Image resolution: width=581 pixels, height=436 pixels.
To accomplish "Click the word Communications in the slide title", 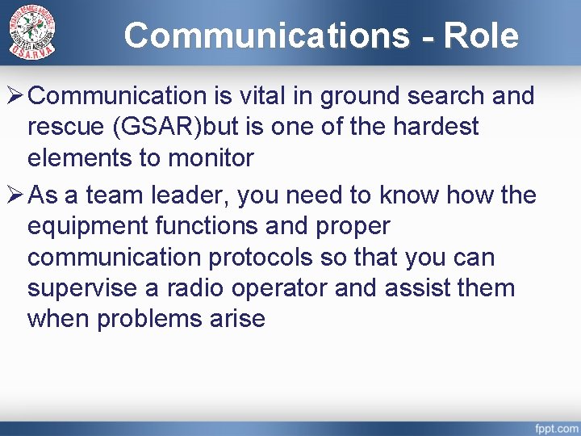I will tap(267, 36).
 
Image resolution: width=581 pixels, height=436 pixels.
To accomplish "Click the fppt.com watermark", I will tap(555, 426).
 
